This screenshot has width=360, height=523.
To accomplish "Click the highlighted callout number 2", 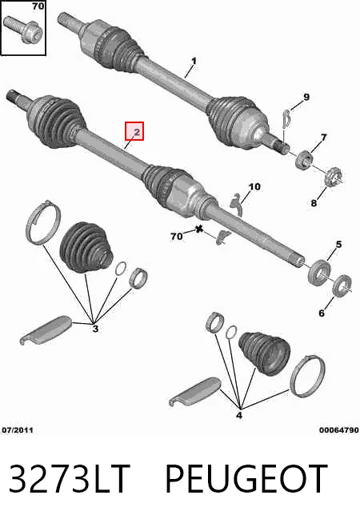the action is [x=137, y=132].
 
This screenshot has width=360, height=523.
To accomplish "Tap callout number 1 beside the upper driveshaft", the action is [x=194, y=62].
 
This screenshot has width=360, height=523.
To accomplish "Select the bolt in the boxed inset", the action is [x=24, y=29].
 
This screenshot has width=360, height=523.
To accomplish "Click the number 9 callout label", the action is [x=306, y=97].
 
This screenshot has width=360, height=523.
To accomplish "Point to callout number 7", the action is [x=323, y=137].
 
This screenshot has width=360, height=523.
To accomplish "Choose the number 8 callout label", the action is [x=314, y=202].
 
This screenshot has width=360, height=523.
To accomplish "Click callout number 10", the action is [x=255, y=187].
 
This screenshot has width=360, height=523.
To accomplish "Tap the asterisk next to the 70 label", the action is [x=199, y=230].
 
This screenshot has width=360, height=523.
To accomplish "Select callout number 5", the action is [x=338, y=245].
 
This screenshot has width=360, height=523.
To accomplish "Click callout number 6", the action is [x=322, y=313].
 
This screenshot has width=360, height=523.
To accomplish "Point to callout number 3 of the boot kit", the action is [x=95, y=329].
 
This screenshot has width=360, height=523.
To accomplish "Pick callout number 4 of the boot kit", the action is [x=239, y=415].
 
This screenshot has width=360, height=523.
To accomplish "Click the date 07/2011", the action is [x=18, y=430].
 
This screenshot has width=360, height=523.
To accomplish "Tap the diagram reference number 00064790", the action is [x=338, y=430].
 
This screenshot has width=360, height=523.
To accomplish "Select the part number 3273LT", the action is [x=69, y=478].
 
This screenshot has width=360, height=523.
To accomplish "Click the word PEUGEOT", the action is [x=246, y=478].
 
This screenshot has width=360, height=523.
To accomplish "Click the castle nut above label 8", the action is [x=334, y=178].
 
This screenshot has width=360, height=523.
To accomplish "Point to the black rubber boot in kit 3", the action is [x=86, y=247].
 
